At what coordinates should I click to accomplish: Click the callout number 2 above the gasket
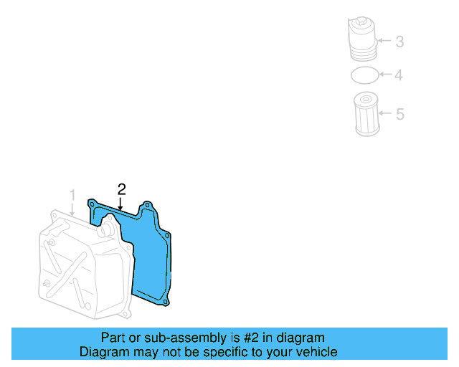(x=122, y=189)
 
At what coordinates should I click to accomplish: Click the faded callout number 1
(x=72, y=195)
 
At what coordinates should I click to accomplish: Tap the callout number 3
(x=399, y=42)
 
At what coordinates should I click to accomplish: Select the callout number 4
(x=399, y=75)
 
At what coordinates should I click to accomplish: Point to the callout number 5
(x=400, y=113)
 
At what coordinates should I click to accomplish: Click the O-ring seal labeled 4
(x=364, y=75)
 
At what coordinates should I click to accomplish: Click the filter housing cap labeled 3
(x=364, y=42)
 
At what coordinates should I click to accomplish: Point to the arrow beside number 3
(x=384, y=42)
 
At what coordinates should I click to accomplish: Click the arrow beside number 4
(x=384, y=75)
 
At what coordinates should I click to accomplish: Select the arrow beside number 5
(x=384, y=113)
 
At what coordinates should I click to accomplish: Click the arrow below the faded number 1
(x=72, y=209)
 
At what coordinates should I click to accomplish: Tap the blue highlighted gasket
(x=151, y=258)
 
